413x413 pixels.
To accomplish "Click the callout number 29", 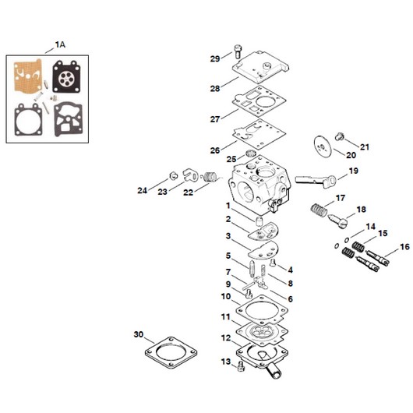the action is pyautogui.click(x=215, y=58).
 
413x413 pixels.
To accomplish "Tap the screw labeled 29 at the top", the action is pyautogui.click(x=238, y=51).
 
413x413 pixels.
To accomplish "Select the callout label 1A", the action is pyautogui.click(x=60, y=44).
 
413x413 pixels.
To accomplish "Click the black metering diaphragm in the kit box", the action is pyautogui.click(x=65, y=76).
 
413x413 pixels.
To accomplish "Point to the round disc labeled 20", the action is pyautogui.click(x=323, y=146).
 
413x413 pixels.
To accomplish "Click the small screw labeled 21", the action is pyautogui.click(x=340, y=136).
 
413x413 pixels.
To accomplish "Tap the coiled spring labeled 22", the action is pyautogui.click(x=210, y=177).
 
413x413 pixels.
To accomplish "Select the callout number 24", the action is pyautogui.click(x=143, y=190).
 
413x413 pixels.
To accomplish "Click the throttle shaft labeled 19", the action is pyautogui.click(x=316, y=181).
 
